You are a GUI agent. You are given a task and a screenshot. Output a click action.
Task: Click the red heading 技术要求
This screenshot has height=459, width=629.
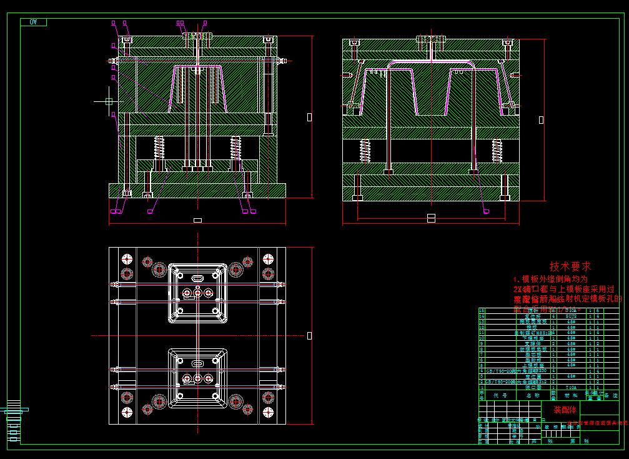pos(570,266)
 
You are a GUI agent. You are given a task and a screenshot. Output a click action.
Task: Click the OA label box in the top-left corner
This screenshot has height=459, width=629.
pos(33,22)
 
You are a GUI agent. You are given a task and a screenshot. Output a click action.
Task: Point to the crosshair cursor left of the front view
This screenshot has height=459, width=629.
pos(109,101)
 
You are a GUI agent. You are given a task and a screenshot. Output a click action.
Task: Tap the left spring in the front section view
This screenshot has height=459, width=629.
pos(159,148)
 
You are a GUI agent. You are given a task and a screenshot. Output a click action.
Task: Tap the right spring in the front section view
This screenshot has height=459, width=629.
pos(235,148)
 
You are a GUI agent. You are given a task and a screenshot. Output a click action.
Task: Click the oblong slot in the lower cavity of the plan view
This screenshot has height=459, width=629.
pos(197,363)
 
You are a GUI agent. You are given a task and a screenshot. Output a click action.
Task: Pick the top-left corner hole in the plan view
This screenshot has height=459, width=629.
pos(127,260)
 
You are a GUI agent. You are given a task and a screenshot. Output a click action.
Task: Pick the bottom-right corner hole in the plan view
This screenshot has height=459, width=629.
pos(268,412)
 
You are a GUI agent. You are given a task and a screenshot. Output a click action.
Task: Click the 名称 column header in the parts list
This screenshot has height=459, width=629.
pos(532,395)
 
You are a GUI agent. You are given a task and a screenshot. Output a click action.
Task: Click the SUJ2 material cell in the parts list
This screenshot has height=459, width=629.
pos(571,316)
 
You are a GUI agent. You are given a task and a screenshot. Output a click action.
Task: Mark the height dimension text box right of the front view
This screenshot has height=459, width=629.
pos(309,116)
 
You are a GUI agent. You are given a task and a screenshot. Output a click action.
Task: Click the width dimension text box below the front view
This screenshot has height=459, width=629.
pos(197,220)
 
